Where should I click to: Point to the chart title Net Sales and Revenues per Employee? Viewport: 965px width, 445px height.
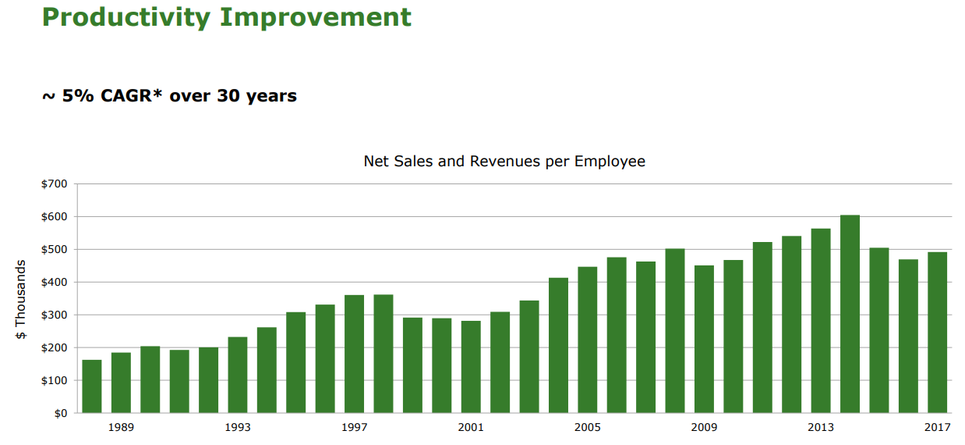[x=504, y=162]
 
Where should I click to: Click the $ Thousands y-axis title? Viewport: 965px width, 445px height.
[x=21, y=300]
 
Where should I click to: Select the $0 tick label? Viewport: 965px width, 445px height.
[x=61, y=413]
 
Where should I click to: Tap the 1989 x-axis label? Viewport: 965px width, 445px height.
[x=121, y=427]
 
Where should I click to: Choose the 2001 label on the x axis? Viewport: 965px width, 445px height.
[x=471, y=427]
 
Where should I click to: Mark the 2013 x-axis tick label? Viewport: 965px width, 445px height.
[x=821, y=427]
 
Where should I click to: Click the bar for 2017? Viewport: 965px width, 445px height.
[x=937, y=333]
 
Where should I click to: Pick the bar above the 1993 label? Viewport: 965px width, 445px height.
[x=238, y=375]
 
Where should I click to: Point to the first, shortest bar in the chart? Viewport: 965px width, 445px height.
[x=92, y=386]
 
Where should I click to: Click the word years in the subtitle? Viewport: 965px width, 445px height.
[x=269, y=96]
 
